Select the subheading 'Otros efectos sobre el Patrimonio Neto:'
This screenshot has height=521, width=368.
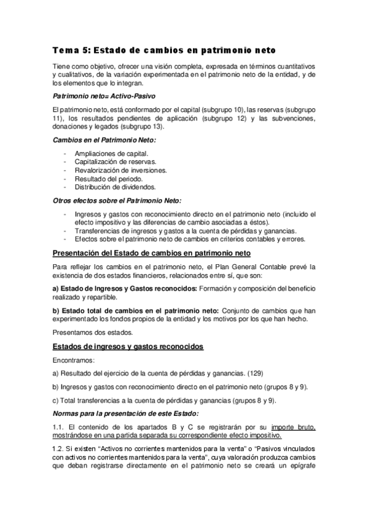(112, 200)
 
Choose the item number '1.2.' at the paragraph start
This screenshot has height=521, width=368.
(60, 449)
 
